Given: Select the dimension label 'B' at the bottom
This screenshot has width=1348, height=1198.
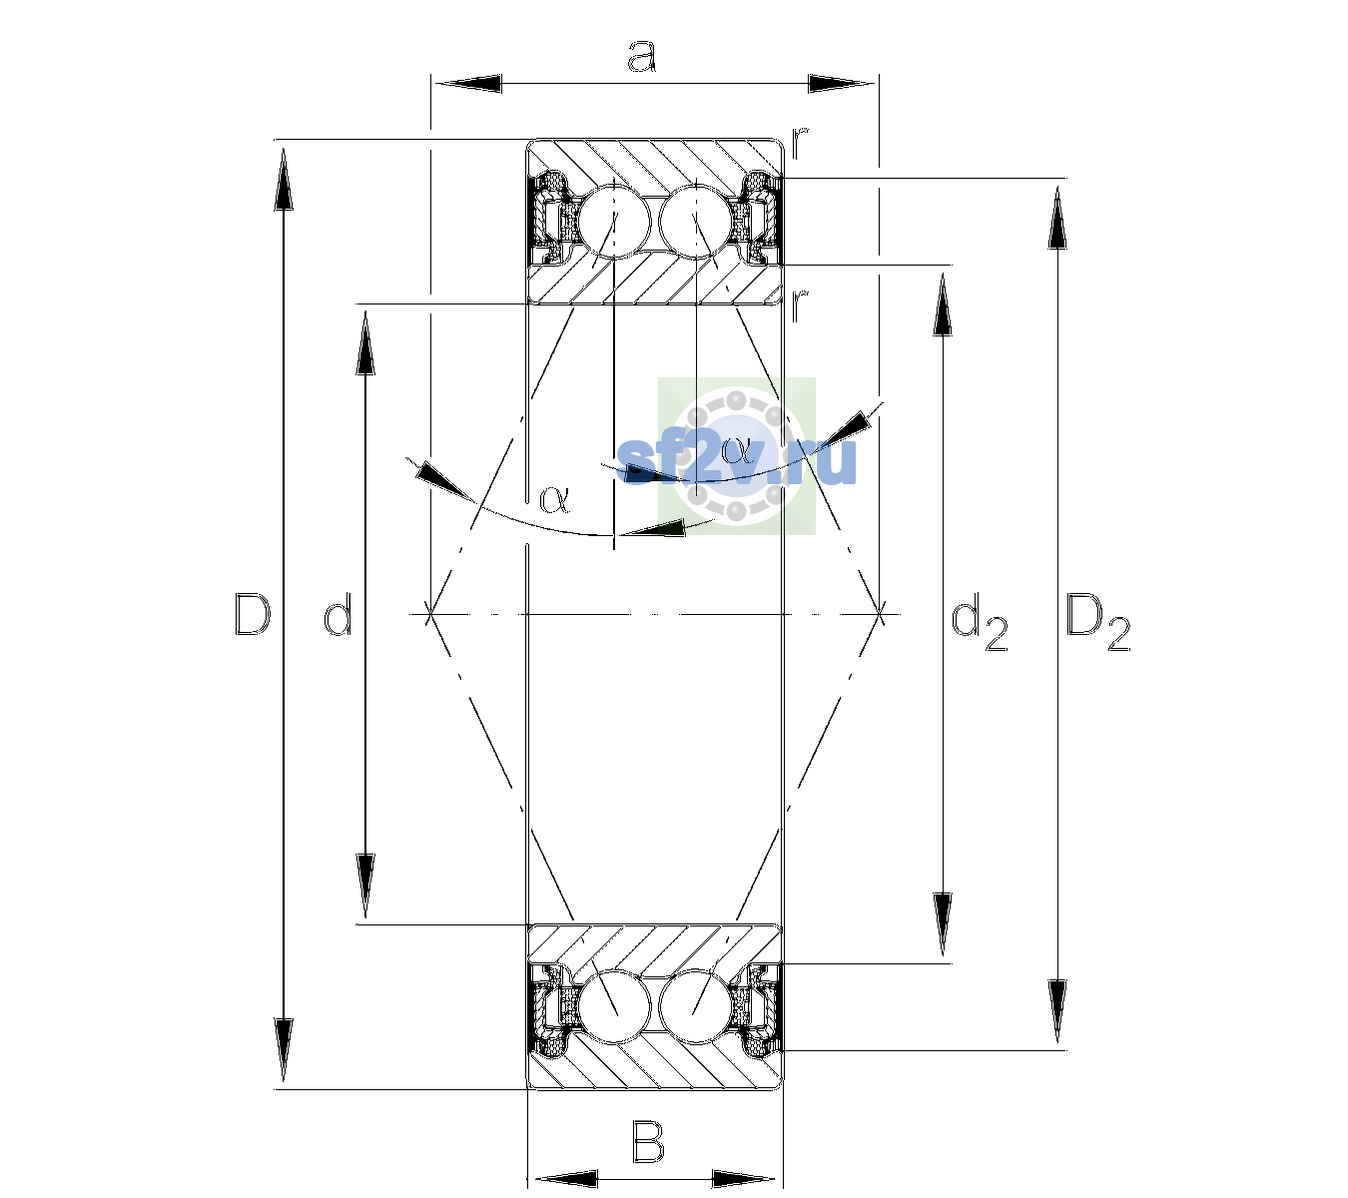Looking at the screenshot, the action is (647, 1141).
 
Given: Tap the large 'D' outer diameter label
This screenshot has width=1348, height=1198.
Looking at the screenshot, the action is (253, 614).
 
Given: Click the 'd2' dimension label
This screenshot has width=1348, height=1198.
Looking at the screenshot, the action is (980, 625).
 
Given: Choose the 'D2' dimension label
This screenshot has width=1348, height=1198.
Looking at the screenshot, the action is (1097, 625).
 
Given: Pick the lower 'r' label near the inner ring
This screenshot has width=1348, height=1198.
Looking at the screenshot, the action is (800, 305).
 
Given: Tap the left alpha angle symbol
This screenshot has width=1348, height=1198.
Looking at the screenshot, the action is (554, 500).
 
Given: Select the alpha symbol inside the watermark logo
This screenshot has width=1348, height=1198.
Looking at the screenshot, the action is (736, 449).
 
